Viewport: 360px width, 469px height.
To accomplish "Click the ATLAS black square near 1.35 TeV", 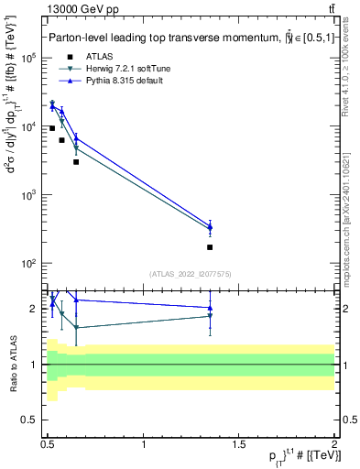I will coord(210,247).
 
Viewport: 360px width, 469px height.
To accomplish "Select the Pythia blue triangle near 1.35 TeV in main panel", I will coord(210,226).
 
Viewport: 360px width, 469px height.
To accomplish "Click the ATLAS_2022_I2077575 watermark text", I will coord(190,274).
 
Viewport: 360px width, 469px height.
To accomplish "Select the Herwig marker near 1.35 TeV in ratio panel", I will coord(210,316).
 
